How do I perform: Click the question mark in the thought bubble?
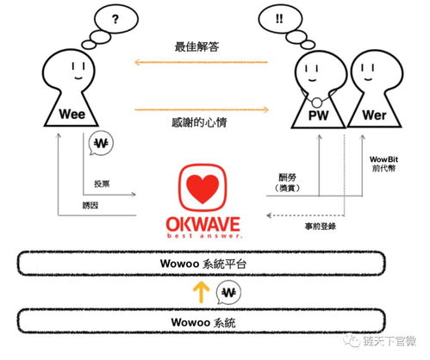[x=115, y=19]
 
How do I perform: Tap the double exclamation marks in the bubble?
[x=279, y=18]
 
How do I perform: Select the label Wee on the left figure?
[x=72, y=115]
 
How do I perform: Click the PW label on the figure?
[x=318, y=115]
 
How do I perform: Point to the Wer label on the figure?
[x=374, y=115]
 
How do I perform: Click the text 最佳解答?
[x=197, y=47]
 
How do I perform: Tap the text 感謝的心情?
[x=199, y=122]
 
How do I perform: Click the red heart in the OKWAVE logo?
[x=203, y=188]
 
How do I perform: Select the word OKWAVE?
[x=203, y=224]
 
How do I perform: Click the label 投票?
[x=102, y=183]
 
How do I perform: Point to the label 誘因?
[x=90, y=205]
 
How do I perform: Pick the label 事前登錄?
[x=321, y=227]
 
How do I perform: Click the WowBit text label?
[x=383, y=159]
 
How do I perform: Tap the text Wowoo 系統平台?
[x=203, y=264]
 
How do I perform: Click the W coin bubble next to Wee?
[x=101, y=143]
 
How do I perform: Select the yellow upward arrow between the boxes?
[x=201, y=292]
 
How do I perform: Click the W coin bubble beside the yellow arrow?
[x=228, y=292]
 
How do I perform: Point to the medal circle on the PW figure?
[x=316, y=102]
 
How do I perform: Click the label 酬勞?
[x=288, y=177]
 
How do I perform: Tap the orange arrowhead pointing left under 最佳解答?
[x=137, y=62]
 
